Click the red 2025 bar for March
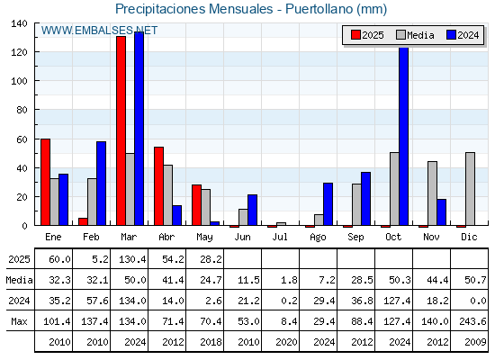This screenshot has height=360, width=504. point(121,130)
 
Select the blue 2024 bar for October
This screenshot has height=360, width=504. point(404,136)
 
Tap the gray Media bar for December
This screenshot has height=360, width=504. point(470,189)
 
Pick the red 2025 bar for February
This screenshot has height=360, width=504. point(83,221)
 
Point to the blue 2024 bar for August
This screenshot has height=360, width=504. point(328,204)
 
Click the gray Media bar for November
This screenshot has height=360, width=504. point(432,193)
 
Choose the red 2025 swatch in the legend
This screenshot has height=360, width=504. point(355,35)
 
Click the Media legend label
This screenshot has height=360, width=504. point(420,35)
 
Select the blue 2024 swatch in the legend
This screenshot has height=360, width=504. point(451,35)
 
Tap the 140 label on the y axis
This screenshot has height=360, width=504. point(20,23)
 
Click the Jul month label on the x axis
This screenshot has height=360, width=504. point(280,237)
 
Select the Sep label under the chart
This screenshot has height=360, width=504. point(355,237)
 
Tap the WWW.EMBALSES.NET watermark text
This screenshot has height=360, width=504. point(99,31)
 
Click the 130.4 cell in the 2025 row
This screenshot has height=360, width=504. point(132,259)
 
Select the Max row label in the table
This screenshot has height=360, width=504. point(19,321)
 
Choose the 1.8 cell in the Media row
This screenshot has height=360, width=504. point(289,280)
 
